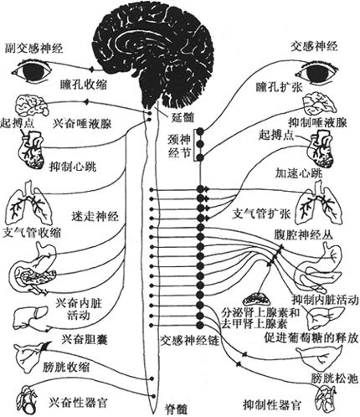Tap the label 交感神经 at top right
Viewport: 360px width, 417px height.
point(314,46)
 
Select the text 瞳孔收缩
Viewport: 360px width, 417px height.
point(84,84)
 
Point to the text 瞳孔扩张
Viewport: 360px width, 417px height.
point(279,87)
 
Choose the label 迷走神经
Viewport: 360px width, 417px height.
point(95,216)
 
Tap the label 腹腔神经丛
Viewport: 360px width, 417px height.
point(303,235)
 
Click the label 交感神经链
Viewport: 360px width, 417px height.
point(189,340)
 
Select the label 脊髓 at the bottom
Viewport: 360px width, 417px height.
point(174,409)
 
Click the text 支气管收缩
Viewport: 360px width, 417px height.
point(31,233)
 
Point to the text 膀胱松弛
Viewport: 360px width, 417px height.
point(334,378)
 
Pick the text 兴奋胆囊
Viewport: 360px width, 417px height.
point(85,340)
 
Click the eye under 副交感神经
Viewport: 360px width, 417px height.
point(32,70)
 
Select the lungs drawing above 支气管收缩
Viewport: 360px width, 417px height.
point(29,203)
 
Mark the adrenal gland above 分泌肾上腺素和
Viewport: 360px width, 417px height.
point(256,299)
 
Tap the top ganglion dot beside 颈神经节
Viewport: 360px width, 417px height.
point(200,131)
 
